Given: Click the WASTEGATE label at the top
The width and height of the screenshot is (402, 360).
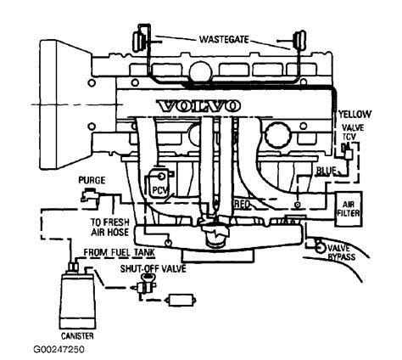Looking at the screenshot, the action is (224, 39).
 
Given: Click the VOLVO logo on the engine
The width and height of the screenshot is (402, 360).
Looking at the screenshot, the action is (198, 106).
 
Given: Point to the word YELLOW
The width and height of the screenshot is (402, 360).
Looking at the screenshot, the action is (355, 115).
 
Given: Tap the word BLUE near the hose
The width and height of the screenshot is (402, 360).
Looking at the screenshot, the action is (327, 171).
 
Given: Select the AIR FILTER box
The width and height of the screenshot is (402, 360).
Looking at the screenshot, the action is (348, 209).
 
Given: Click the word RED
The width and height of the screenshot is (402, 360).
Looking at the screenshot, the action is (243, 204).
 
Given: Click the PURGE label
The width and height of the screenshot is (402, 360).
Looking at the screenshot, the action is (92, 180).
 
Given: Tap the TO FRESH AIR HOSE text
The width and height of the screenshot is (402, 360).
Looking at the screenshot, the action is (109, 228).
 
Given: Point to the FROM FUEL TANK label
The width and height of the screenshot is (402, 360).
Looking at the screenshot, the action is (120, 252).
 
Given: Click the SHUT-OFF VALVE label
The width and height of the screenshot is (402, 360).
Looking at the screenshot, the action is (153, 268).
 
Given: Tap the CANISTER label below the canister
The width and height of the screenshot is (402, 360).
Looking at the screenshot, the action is (77, 336).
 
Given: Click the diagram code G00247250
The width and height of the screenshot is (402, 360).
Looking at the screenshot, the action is (59, 350).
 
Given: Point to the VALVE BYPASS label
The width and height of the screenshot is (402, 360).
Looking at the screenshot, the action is (341, 253).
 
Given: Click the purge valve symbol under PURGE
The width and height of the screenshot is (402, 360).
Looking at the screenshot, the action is (90, 195).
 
